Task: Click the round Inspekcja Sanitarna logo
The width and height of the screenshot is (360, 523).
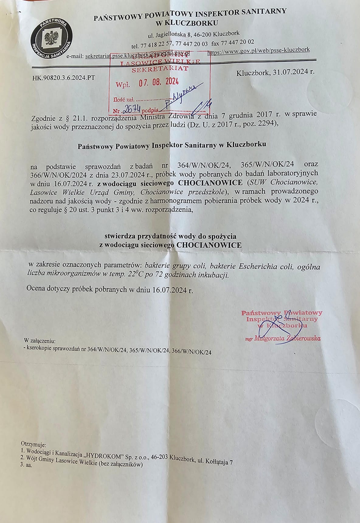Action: pos(52,39)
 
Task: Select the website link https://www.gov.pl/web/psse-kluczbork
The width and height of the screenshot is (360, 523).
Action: pos(258,50)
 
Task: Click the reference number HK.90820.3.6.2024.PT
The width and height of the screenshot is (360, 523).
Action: pos(64,78)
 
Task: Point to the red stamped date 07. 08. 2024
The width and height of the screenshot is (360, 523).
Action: pos(159,82)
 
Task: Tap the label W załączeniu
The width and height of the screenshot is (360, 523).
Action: pos(40,341)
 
